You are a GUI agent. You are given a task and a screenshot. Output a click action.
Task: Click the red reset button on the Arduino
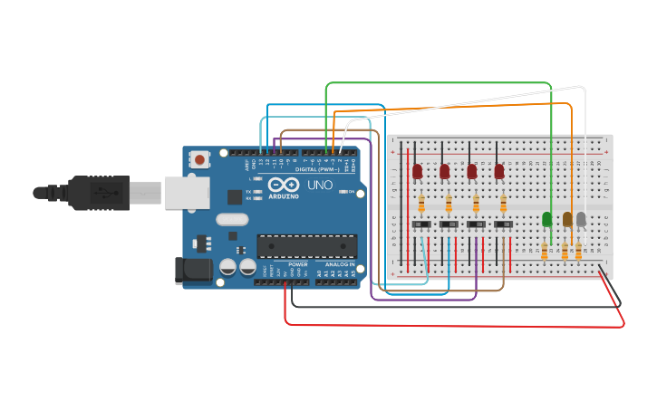click(x=199, y=160)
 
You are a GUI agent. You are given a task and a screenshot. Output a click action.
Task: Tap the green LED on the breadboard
click(x=546, y=219)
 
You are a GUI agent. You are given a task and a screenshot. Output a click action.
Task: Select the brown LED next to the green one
click(x=567, y=219)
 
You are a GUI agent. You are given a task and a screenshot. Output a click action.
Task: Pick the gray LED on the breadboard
click(x=581, y=219)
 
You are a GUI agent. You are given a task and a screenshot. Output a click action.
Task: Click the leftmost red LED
click(x=418, y=171)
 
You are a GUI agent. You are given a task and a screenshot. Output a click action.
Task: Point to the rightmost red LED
click(x=499, y=171)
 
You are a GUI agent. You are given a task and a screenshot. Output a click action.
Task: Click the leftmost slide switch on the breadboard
click(x=421, y=224)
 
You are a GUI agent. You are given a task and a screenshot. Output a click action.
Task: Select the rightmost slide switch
click(x=503, y=224)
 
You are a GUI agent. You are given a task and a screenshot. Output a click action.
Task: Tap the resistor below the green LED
click(x=545, y=251)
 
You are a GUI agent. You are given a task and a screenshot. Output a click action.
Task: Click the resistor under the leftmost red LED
click(x=421, y=203)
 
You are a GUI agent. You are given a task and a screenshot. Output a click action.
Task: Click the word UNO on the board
click(x=320, y=186)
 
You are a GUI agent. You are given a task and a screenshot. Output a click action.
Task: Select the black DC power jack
click(x=193, y=270)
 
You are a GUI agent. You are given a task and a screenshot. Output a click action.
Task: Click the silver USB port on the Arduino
click(x=187, y=192)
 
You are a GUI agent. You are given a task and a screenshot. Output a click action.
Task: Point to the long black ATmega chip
click(x=306, y=245)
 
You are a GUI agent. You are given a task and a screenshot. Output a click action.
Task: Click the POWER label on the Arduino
click(x=297, y=264)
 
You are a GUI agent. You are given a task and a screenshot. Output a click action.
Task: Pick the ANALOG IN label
click(x=340, y=264)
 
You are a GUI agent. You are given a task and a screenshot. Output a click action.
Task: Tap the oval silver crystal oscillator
click(x=232, y=219)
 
